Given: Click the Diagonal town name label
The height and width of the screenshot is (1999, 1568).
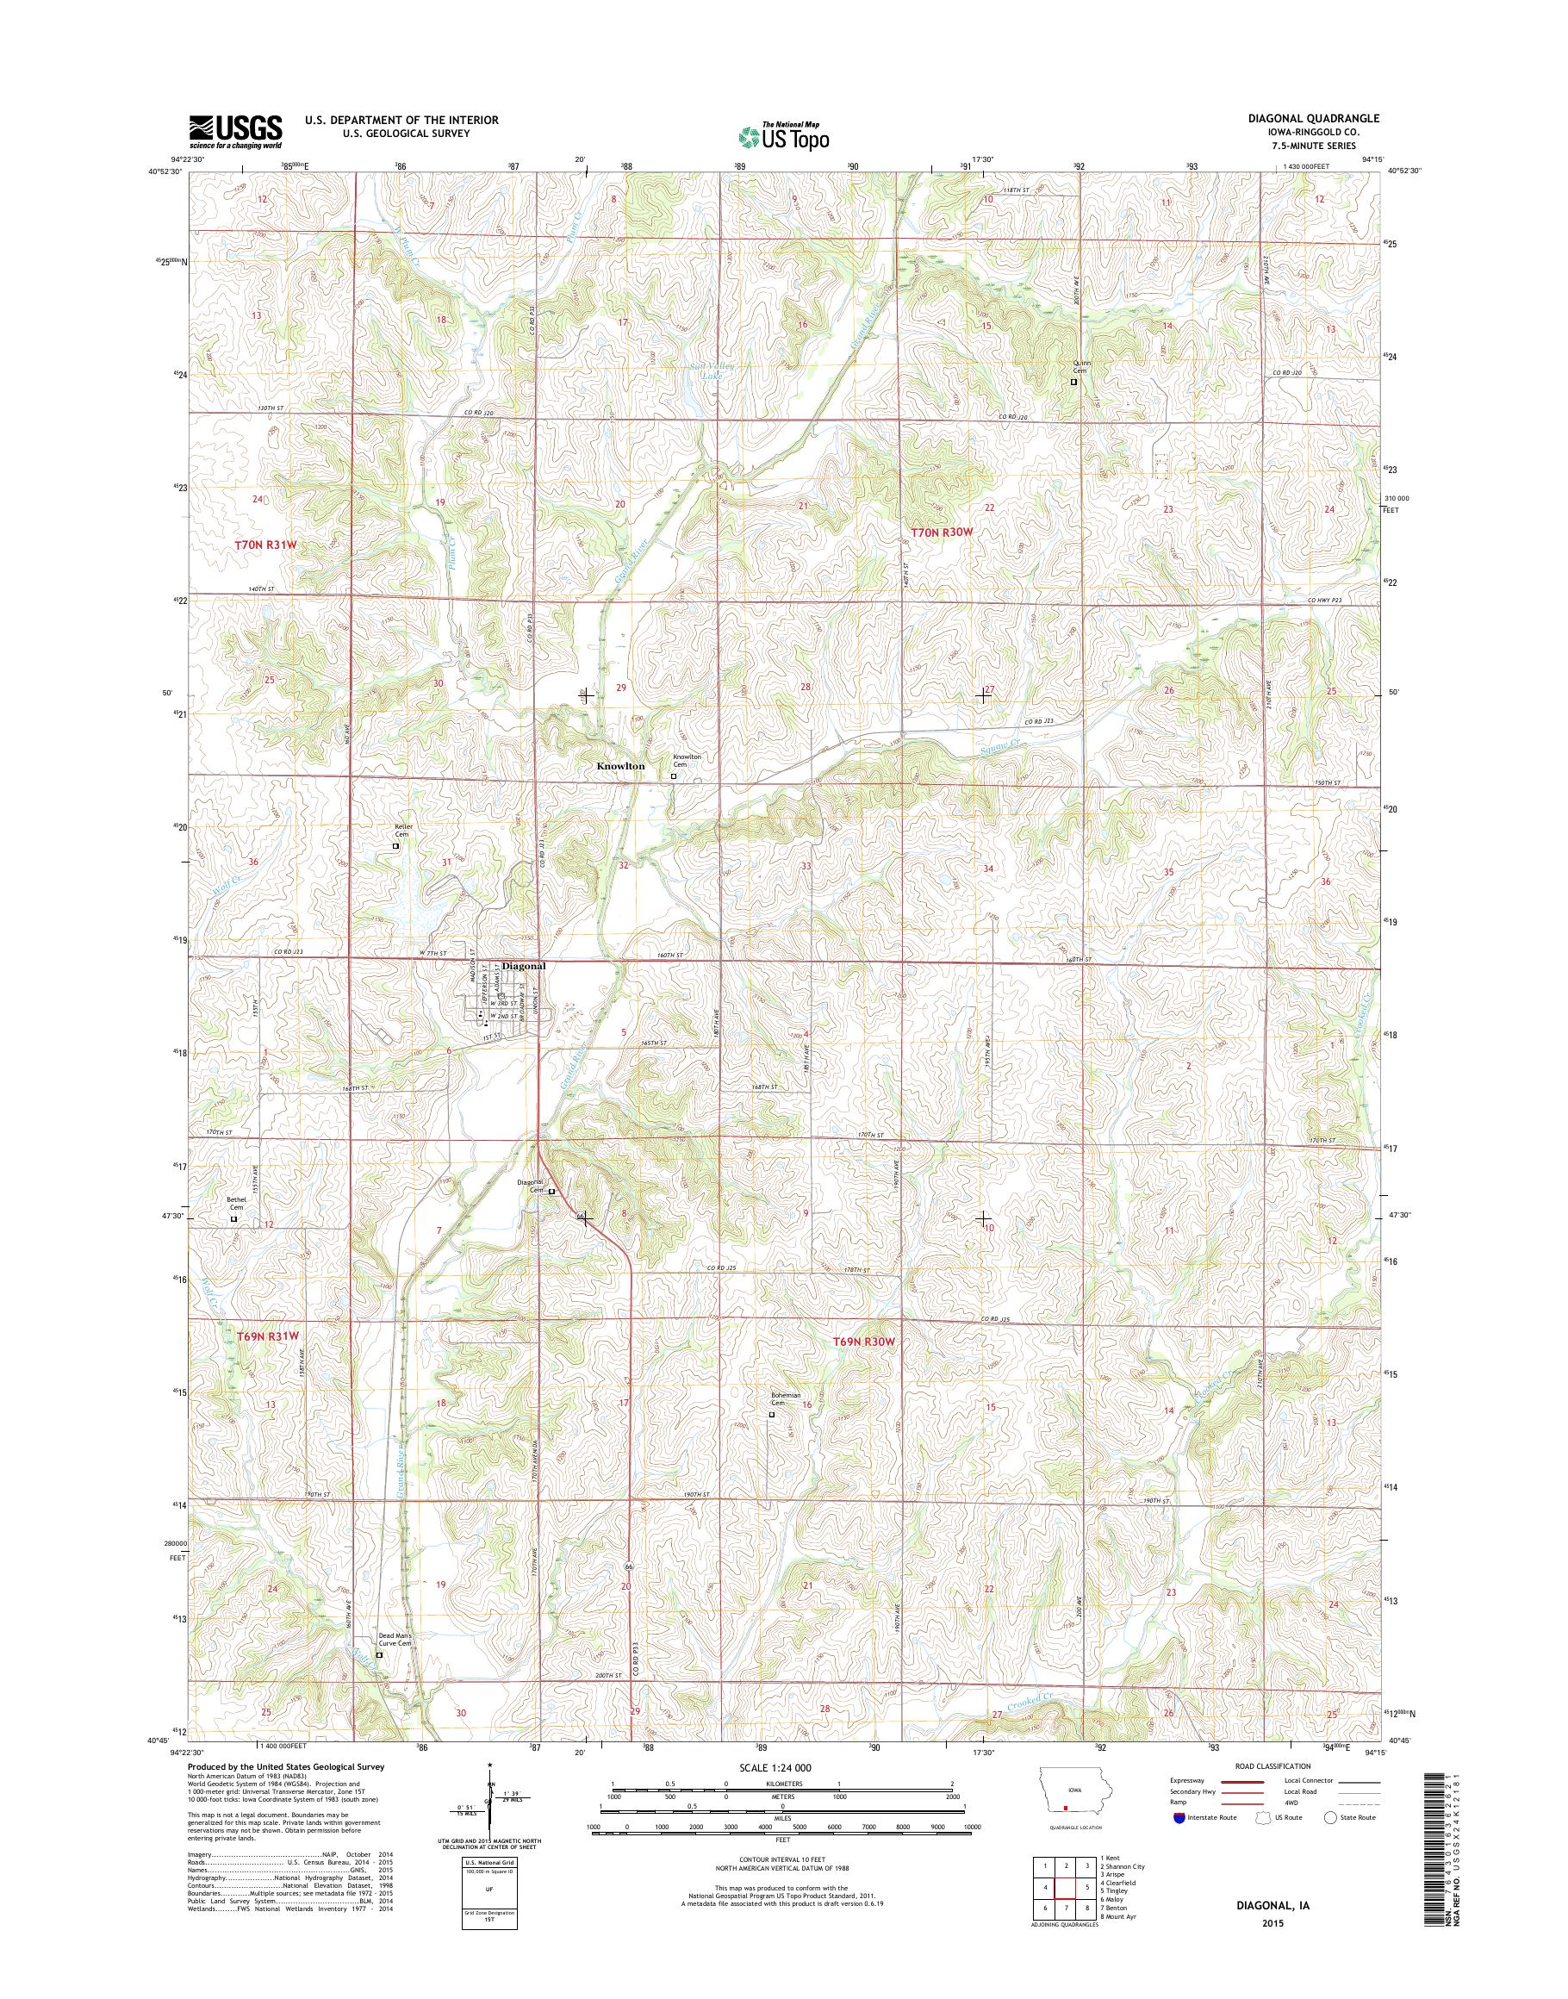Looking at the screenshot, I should coord(523,966).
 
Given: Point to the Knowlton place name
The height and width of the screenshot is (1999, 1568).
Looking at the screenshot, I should coord(620,765).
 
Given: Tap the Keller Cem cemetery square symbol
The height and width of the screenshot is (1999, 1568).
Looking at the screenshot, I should coord(396,845).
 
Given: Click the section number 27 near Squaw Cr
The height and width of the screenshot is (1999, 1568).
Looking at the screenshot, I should coord(990,688).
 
